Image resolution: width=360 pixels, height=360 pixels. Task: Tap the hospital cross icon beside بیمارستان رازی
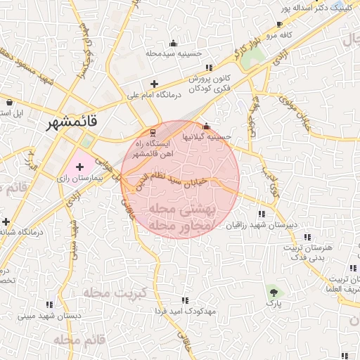pos(79,168)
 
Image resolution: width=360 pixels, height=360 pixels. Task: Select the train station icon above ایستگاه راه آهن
pos(153,133)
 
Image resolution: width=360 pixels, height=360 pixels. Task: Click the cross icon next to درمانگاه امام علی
pos(154,84)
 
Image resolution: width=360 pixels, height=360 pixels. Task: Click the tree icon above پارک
pos(273,292)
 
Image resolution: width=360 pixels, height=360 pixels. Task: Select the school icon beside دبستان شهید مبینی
pos(51,304)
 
